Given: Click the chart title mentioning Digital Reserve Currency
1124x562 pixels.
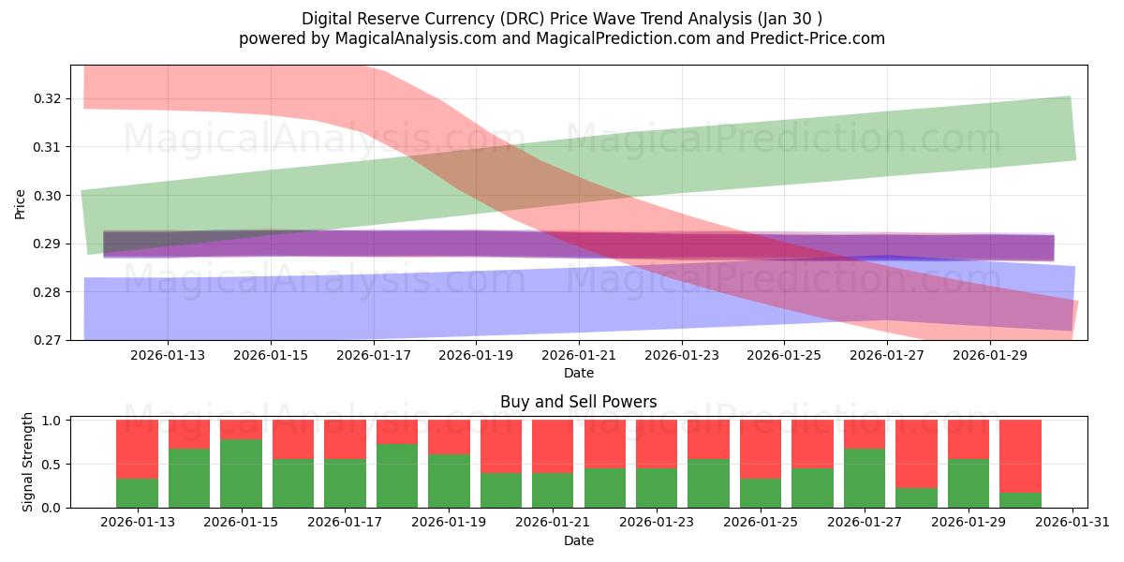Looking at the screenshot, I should point(562,19).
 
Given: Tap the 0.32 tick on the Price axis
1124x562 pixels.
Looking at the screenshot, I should point(47,98).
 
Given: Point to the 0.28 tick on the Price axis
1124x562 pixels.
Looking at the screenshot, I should point(47,292).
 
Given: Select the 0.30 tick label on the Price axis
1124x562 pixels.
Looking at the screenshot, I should point(47,196).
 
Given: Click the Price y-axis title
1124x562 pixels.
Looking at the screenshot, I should point(21,203).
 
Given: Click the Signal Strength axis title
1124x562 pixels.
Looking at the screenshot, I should point(28,461).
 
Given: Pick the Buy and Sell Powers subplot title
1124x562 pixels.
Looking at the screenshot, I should point(578,402).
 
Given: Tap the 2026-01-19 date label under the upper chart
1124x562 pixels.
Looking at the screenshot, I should point(477,355).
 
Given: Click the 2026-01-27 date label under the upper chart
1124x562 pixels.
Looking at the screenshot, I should point(888,355).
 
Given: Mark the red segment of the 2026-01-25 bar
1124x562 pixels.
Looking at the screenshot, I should point(761,450).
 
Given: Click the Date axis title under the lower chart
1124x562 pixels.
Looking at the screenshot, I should point(578,540).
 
